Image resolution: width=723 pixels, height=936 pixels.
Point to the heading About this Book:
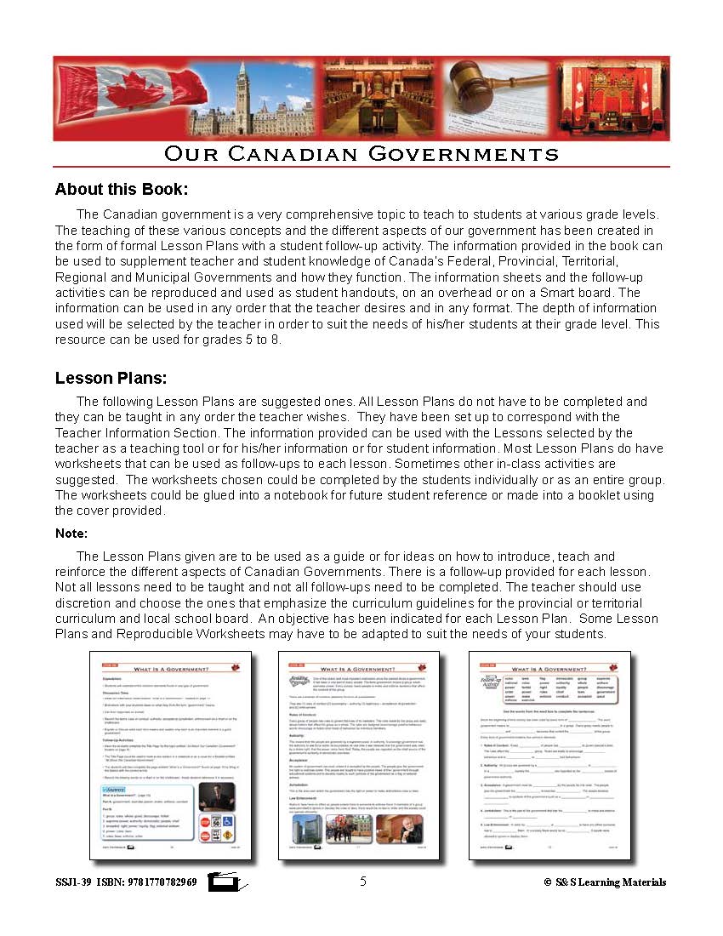tap(122, 189)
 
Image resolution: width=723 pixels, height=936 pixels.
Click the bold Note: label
tap(71, 534)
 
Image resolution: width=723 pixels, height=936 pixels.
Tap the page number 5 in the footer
tap(363, 882)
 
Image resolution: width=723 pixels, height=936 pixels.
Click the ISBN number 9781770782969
tap(162, 882)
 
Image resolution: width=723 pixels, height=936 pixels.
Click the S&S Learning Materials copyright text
tap(605, 882)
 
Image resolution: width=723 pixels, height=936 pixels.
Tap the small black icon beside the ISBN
tap(226, 883)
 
